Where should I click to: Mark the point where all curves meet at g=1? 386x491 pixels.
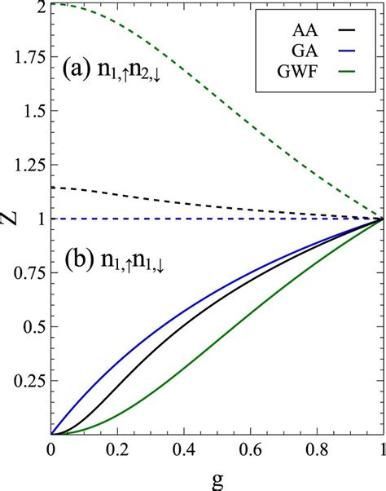click(x=382, y=219)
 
